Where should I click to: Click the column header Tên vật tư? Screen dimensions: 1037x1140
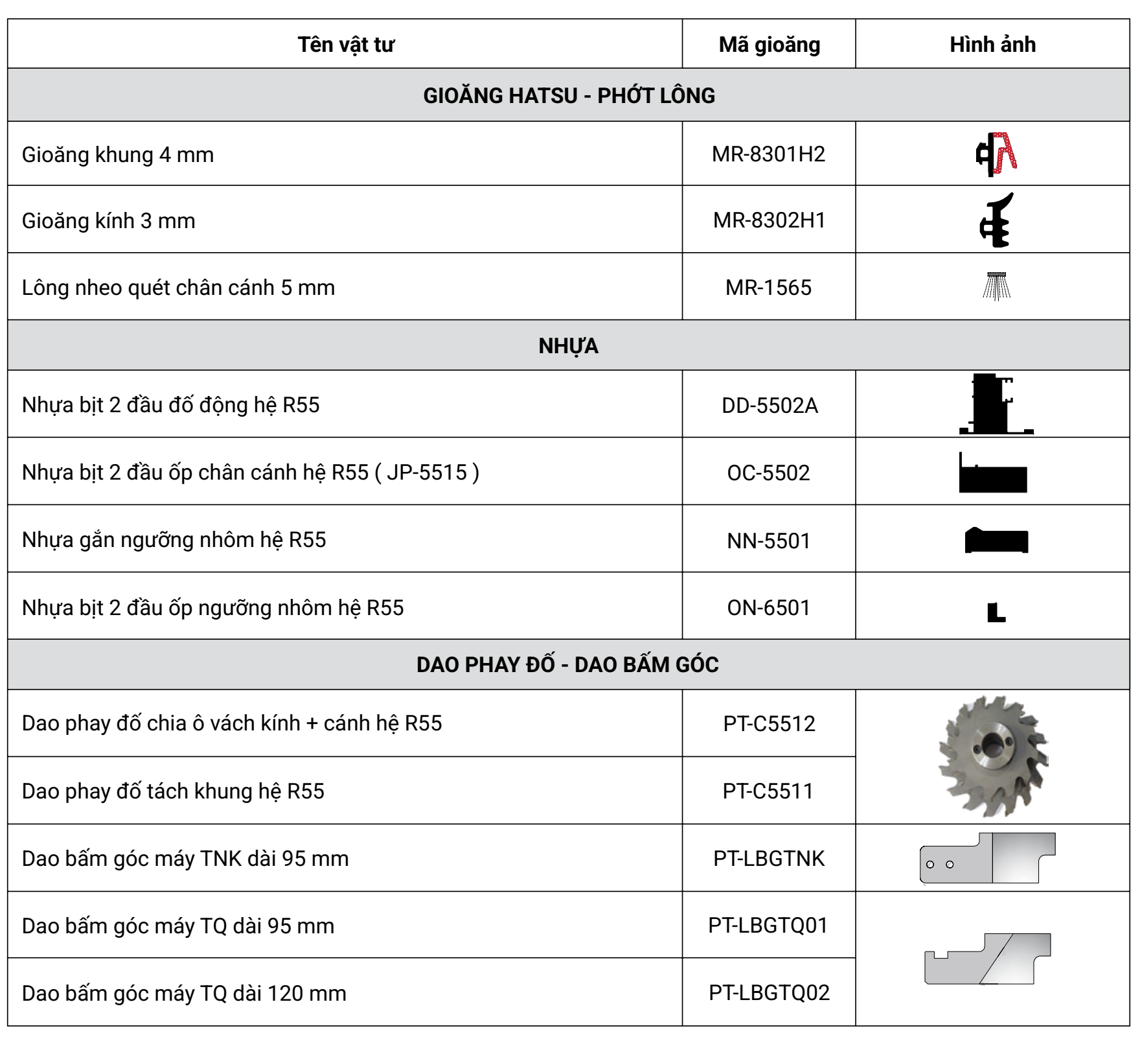pos(345,45)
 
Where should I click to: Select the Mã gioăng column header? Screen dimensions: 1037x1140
pos(769,45)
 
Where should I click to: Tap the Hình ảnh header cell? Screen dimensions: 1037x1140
pos(992,45)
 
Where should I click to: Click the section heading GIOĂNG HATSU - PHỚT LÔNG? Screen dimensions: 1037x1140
pos(569,95)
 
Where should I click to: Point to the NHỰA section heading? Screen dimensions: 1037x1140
pos(568,346)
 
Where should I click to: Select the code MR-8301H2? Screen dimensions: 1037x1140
pos(768,154)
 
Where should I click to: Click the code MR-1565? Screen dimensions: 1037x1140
pos(768,288)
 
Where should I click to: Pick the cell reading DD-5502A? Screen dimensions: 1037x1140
pos(769,406)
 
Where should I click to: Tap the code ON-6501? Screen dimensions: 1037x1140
pos(768,608)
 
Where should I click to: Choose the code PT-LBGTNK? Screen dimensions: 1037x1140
pos(769,859)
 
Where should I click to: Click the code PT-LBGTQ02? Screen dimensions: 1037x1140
pos(769,993)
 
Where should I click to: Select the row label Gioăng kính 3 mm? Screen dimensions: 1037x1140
pos(109,221)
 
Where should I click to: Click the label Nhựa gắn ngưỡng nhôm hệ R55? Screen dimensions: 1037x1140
pos(174,540)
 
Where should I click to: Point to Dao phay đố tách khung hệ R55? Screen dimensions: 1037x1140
pos(173,791)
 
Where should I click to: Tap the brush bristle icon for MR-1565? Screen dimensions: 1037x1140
pos(996,286)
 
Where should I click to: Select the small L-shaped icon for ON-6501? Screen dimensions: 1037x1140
pos(996,612)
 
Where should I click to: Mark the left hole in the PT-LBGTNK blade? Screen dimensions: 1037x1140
pos(930,865)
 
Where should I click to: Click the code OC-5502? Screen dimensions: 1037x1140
pos(768,473)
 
